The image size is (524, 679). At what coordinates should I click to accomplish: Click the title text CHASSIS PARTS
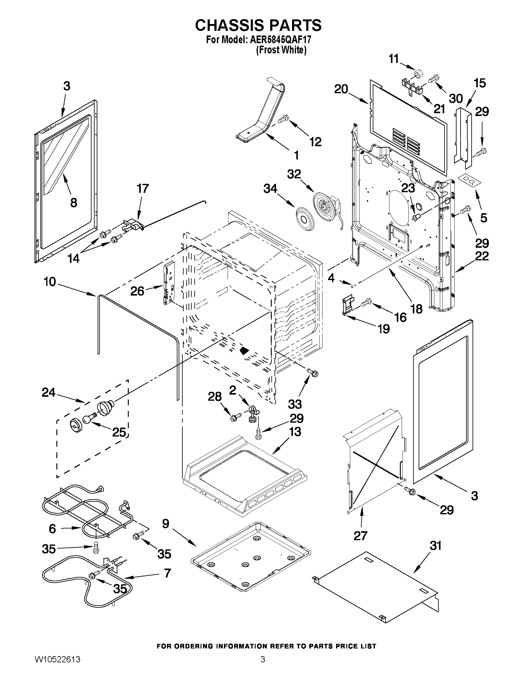(x=258, y=25)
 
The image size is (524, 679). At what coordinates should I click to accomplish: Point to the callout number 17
(x=143, y=188)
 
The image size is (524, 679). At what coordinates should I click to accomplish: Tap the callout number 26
(x=137, y=291)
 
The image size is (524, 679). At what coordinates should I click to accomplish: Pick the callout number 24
(x=49, y=393)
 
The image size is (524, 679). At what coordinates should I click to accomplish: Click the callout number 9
(x=166, y=524)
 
